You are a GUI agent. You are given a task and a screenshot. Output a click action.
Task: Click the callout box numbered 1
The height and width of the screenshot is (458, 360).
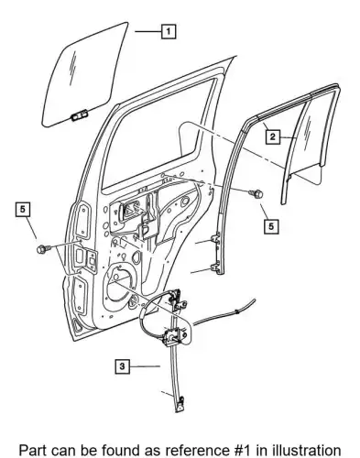click(169, 31)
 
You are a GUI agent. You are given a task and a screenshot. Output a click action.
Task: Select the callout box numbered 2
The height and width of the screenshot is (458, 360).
click(273, 136)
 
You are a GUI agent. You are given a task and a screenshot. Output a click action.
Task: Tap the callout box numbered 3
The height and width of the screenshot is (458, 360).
click(122, 365)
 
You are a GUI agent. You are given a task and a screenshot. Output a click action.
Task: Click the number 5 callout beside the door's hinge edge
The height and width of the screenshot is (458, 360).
click(23, 209)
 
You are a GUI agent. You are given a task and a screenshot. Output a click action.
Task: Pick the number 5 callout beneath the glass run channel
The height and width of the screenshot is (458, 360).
click(271, 226)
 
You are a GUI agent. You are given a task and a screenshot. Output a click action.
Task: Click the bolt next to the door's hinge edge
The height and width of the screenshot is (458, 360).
click(42, 249)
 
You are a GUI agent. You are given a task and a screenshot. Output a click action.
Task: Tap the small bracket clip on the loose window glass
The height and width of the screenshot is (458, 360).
click(79, 115)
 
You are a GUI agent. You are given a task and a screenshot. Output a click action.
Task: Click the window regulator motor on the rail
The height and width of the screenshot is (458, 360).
click(173, 336)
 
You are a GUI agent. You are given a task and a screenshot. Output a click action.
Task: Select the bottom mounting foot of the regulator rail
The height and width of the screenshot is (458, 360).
click(180, 404)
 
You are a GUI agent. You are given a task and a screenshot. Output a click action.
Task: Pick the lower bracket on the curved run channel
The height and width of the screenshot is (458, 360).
click(215, 267)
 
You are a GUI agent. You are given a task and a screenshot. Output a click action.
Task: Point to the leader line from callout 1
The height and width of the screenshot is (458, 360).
click(147, 31)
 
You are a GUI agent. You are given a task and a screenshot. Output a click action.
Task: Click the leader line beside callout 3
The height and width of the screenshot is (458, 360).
click(145, 365)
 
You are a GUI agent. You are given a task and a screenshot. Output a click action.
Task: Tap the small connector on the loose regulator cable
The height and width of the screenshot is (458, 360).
click(237, 311)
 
